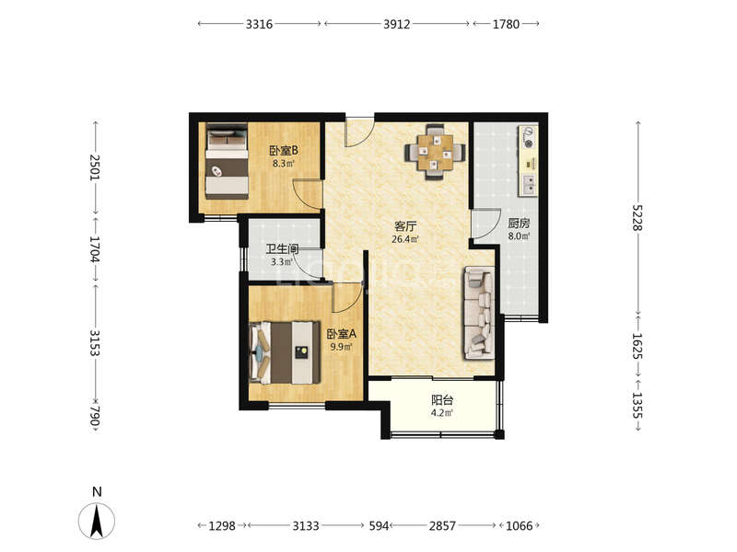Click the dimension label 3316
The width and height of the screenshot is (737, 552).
point(259,24)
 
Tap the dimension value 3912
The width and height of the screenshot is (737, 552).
point(397,24)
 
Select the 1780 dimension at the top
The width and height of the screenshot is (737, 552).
point(506,24)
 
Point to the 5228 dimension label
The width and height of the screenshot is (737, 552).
point(638,217)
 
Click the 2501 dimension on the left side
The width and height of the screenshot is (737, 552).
point(95,167)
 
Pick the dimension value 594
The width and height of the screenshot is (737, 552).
point(379,525)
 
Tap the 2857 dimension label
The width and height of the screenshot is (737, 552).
point(442,525)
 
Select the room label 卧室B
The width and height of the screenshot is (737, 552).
point(284,151)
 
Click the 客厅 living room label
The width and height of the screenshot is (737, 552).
point(405,226)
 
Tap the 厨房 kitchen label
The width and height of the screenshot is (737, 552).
point(519,223)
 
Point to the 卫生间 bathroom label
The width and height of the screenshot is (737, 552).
point(283,249)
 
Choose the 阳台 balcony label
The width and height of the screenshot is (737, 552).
point(442,400)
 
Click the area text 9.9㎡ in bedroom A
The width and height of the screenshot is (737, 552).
point(341,347)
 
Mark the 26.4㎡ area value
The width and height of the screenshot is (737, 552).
point(405,239)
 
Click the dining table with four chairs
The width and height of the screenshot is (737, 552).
point(435,152)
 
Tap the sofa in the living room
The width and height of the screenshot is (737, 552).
point(479,313)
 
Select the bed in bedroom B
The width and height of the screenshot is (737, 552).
point(227,162)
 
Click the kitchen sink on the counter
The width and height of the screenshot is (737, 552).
point(528,184)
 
